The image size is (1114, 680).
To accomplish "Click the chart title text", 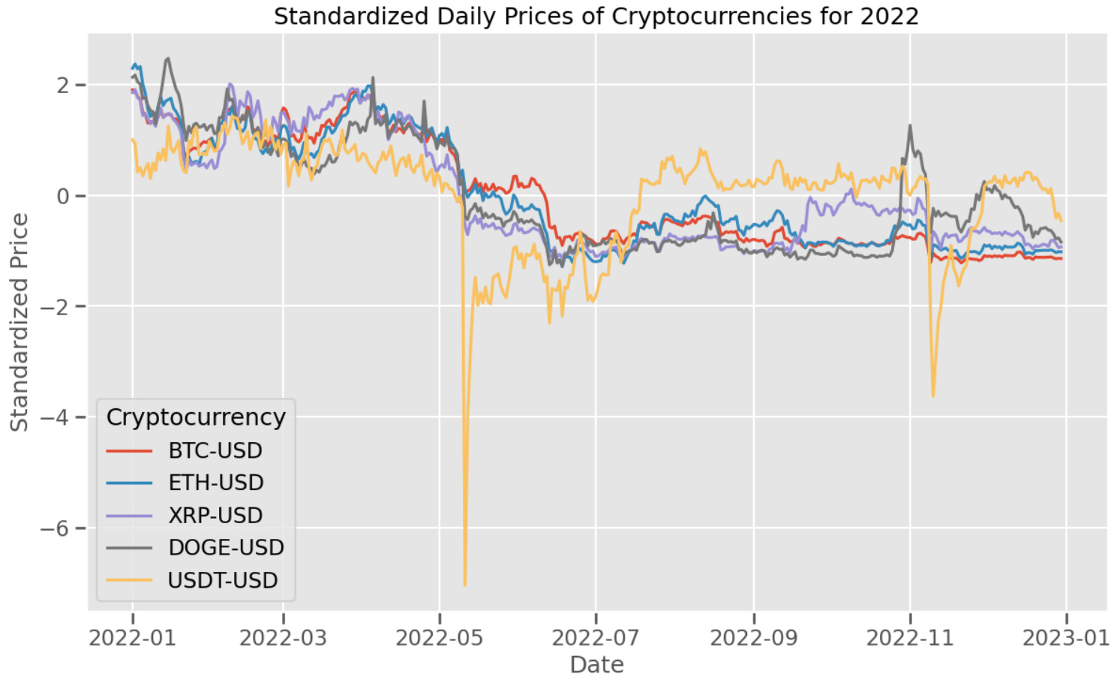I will pyautogui.click(x=596, y=16).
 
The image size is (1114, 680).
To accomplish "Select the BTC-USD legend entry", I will pyautogui.click(x=215, y=450).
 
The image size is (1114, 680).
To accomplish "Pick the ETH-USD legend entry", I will pyautogui.click(x=215, y=483).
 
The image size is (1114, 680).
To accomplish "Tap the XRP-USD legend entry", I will pyautogui.click(x=215, y=516).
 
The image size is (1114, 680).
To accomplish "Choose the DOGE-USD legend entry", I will pyautogui.click(x=226, y=548).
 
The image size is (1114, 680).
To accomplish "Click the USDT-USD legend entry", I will pyautogui.click(x=223, y=580).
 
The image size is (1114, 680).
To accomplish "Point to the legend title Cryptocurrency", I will pyautogui.click(x=196, y=417).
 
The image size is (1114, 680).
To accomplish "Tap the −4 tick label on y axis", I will pyautogui.click(x=55, y=417).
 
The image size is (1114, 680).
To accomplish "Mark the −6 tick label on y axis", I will pyautogui.click(x=55, y=528).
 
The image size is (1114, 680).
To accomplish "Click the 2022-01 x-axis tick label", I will pyautogui.click(x=132, y=638).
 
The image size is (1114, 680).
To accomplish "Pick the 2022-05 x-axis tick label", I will pyautogui.click(x=439, y=638).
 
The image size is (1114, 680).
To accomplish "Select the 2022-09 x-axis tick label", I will pyautogui.click(x=753, y=638).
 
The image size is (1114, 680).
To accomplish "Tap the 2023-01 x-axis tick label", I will pyautogui.click(x=1066, y=638).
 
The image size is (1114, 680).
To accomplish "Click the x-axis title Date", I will pyautogui.click(x=596, y=665).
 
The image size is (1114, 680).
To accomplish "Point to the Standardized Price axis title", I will pyautogui.click(x=19, y=323).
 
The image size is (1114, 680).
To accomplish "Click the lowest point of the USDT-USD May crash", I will pyautogui.click(x=465, y=585).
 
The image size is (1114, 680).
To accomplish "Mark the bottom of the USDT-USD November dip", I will pyautogui.click(x=933, y=396).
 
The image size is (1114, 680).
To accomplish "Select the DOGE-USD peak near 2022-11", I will pyautogui.click(x=910, y=126).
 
